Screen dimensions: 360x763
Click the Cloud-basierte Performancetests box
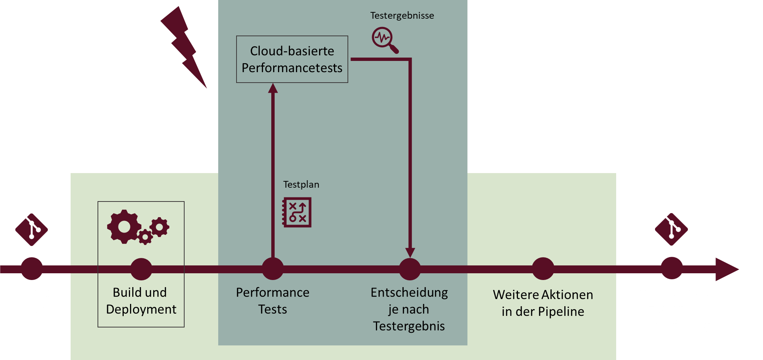coord(292,59)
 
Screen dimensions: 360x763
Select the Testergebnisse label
coord(402,16)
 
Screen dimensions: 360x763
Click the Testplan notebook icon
coord(297,212)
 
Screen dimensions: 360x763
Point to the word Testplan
coord(301,184)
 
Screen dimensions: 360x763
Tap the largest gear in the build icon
coord(124,227)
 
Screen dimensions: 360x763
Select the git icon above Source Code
coord(31,230)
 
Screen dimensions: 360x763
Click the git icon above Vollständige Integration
coord(671,229)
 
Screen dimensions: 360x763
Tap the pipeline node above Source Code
coord(32,268)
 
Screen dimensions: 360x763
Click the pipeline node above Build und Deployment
coord(141,269)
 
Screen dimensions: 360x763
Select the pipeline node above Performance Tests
coord(273,269)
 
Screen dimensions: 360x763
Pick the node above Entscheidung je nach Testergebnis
coord(410,269)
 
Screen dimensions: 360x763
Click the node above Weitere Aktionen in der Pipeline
coord(543,268)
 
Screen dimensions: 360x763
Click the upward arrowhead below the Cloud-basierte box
coord(273,88)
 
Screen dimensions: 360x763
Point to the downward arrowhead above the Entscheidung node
coord(410,252)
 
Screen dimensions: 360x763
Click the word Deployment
coord(141,310)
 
